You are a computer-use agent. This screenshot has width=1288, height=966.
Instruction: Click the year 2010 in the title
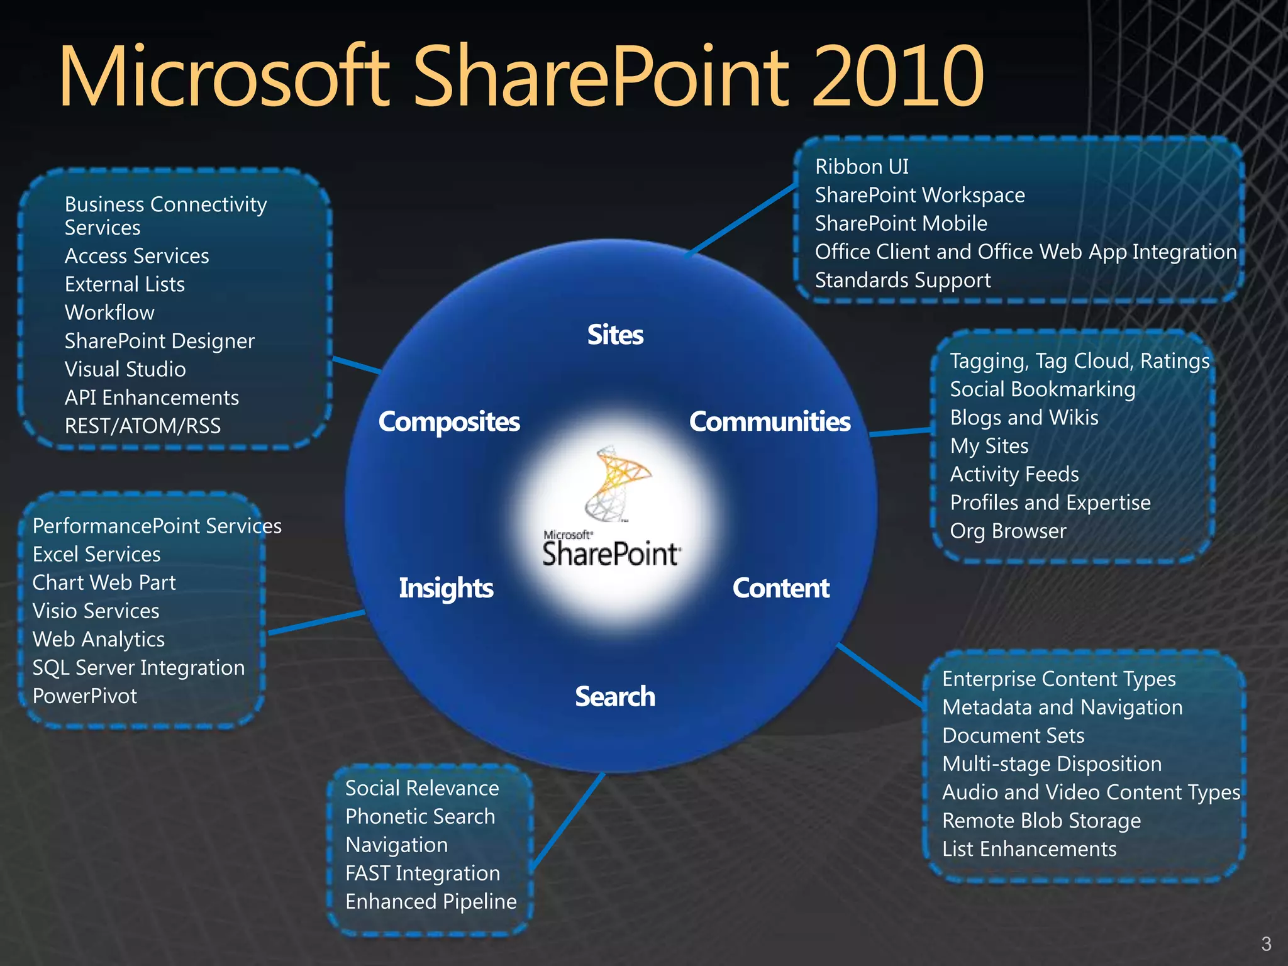pos(898,77)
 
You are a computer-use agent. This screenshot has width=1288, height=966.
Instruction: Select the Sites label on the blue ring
pos(615,335)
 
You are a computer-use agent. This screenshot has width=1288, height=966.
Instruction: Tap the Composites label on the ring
pos(449,422)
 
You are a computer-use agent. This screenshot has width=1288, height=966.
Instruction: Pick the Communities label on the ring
pos(770,422)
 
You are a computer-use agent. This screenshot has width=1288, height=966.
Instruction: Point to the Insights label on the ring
pos(446,589)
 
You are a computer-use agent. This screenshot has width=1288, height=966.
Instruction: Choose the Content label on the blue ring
pos(780,589)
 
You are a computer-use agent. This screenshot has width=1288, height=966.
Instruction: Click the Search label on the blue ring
pos(615,697)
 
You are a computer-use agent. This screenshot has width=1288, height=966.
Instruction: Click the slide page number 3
pos(1266,944)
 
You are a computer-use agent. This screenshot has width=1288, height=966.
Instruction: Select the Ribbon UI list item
pos(862,167)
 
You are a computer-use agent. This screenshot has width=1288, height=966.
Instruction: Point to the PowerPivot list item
pos(85,696)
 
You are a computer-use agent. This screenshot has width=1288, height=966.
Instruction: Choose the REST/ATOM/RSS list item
pos(143,426)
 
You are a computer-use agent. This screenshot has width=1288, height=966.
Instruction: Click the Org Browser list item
pos(1008,531)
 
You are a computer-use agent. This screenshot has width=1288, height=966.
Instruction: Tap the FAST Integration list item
pos(423,874)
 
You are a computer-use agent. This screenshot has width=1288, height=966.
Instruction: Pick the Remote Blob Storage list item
pos(1041,821)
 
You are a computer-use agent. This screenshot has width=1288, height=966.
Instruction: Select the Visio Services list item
pos(96,611)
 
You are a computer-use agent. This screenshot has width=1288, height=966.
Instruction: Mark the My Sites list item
pos(989,446)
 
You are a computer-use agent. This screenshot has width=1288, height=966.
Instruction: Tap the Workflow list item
pos(109,313)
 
